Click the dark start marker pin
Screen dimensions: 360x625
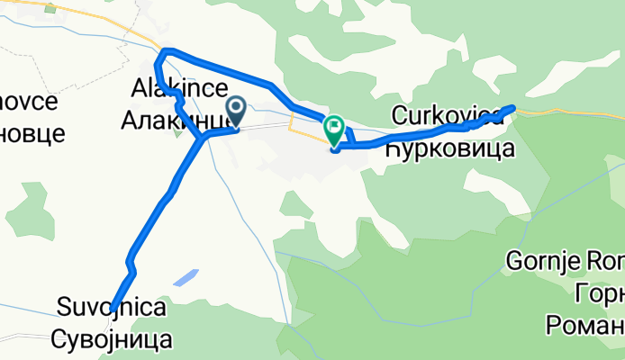pos(237,111)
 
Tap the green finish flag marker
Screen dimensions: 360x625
pos(335,131)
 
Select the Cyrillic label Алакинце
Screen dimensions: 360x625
pos(186,113)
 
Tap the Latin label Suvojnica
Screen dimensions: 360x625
pos(113,309)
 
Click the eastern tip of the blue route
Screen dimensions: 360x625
pos(512,107)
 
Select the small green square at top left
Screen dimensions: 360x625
pos(50,8)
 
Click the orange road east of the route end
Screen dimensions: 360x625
pos(567,113)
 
